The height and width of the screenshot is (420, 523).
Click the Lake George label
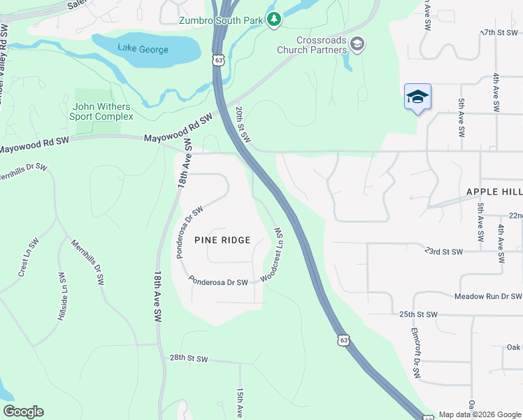click(x=143, y=48)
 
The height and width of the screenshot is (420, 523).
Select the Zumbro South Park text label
click(x=220, y=20)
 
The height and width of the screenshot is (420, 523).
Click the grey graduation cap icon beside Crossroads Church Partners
click(x=358, y=45)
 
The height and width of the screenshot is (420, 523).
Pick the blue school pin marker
click(x=417, y=97)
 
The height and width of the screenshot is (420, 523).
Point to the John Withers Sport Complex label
click(x=101, y=111)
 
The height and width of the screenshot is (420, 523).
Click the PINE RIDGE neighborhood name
click(x=222, y=240)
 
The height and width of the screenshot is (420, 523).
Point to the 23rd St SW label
click(x=444, y=251)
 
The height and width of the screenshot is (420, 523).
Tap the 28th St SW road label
click(x=189, y=358)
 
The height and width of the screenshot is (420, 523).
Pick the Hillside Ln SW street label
click(x=62, y=297)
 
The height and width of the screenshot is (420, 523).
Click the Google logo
click(x=23, y=411)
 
